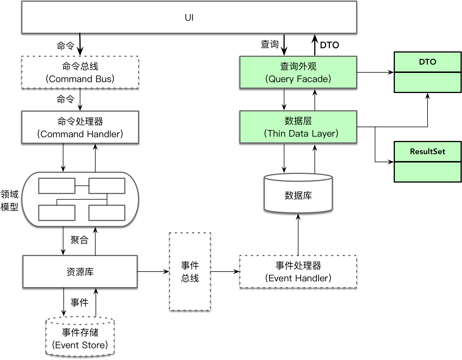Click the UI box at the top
click(189, 18)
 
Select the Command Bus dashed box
click(80, 72)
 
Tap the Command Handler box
click(80, 127)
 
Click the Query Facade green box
click(298, 72)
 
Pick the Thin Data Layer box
click(298, 127)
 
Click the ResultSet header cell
click(427, 152)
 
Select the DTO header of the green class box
click(427, 62)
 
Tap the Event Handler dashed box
click(298, 272)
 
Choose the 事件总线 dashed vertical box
click(190, 272)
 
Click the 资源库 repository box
click(80, 272)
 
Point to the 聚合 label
click(79, 240)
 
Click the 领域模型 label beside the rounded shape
click(9, 200)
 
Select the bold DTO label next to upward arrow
click(329, 45)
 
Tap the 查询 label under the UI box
click(269, 44)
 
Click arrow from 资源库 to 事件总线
click(153, 271)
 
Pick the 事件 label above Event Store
click(79, 302)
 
